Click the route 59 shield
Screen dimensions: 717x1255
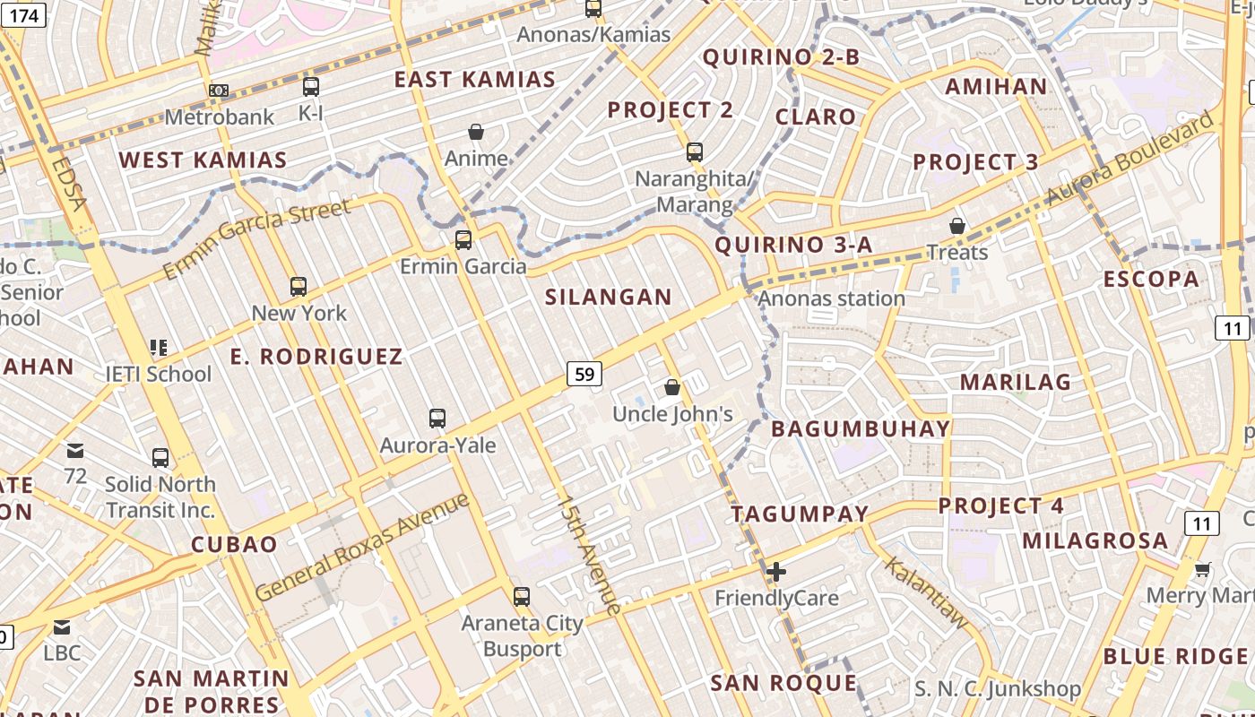[584, 373]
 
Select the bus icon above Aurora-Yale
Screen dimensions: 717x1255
[437, 418]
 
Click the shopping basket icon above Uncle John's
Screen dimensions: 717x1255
[672, 387]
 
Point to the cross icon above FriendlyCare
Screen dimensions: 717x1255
[776, 571]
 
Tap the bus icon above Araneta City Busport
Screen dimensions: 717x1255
[521, 596]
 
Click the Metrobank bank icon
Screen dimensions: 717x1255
[219, 90]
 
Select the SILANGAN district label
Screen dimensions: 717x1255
[609, 298]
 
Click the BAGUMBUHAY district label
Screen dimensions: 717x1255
[861, 428]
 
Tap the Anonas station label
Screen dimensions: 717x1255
[832, 298]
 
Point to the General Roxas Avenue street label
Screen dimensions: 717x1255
[362, 547]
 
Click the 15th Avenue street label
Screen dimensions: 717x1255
[588, 556]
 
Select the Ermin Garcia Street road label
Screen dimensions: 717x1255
[256, 239]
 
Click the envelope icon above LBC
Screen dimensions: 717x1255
[62, 627]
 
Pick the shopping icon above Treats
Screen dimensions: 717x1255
[957, 226]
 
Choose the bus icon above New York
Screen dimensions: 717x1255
[299, 287]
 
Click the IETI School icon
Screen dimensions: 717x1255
[159, 347]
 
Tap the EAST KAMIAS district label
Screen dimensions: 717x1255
[475, 80]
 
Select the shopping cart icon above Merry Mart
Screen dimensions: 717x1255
[1203, 569]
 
